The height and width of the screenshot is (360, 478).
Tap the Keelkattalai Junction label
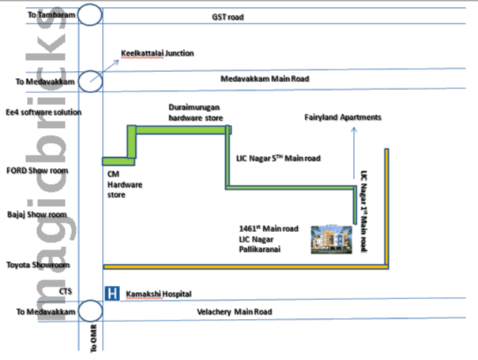[x=156, y=54]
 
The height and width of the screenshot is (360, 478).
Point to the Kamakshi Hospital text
[x=160, y=294]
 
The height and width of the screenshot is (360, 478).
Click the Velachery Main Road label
[x=234, y=313]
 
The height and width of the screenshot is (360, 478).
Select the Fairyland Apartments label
[x=343, y=118]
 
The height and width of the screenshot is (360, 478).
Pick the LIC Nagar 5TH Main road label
[x=279, y=158]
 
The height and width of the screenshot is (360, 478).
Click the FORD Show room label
[x=28, y=170]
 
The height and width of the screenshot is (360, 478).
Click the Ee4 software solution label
[x=43, y=113]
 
